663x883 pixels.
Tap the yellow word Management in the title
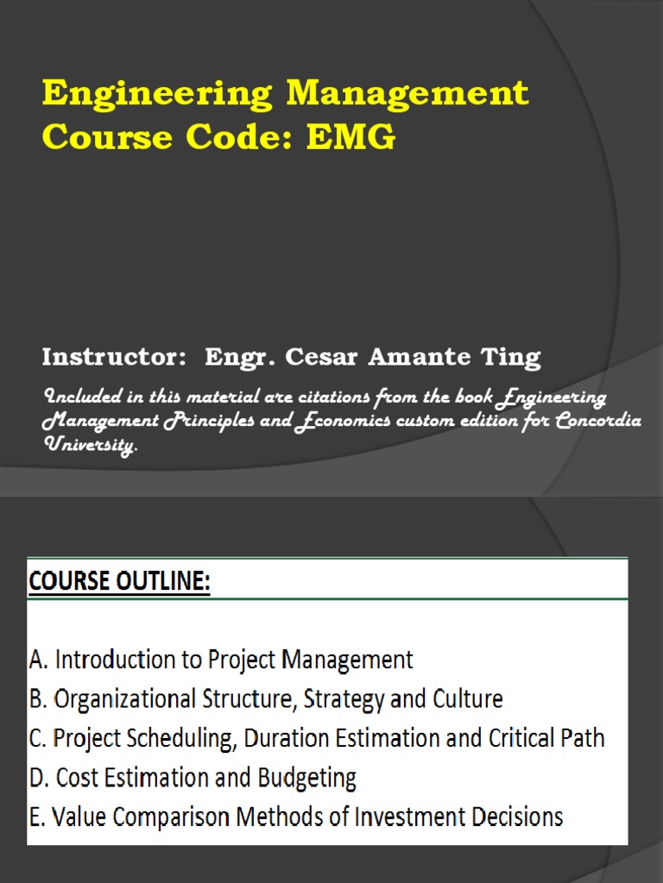click(407, 94)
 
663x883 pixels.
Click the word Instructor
click(114, 357)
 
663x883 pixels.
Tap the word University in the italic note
click(89, 447)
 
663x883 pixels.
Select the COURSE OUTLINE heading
click(119, 582)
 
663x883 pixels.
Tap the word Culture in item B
click(467, 698)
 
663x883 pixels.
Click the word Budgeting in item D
click(306, 778)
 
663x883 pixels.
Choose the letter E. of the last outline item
click(38, 817)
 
